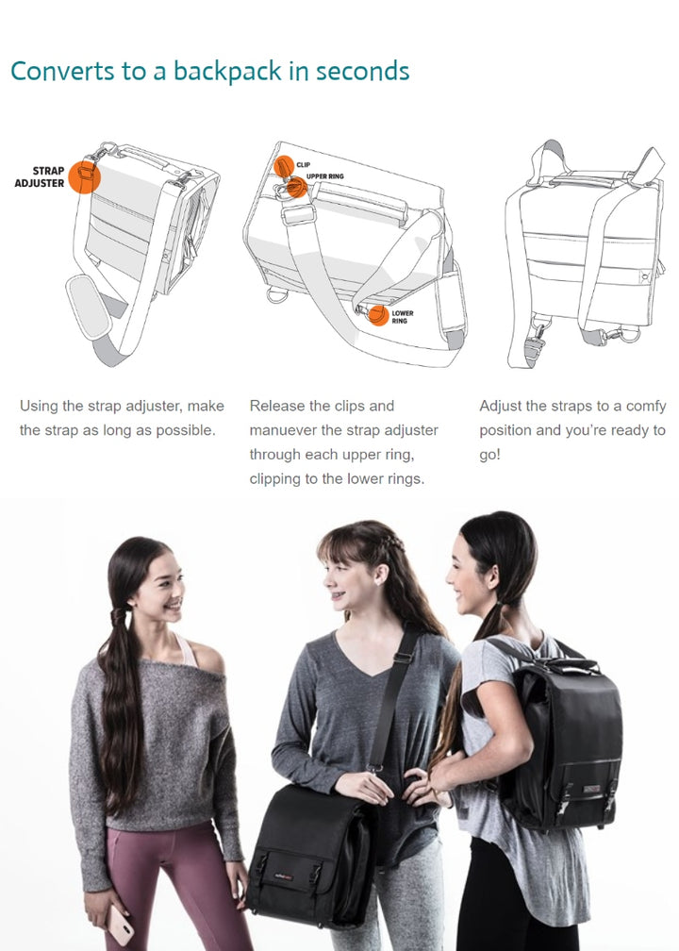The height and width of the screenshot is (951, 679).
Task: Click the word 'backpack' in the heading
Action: point(227,71)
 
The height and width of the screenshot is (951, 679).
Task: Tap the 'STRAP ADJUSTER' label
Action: point(40,177)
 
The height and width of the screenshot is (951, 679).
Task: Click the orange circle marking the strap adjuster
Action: point(84,176)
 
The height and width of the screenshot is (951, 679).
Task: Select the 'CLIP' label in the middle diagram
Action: point(303,165)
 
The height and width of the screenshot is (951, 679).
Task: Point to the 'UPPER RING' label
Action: point(325,176)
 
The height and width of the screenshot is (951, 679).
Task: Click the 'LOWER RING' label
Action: point(403,317)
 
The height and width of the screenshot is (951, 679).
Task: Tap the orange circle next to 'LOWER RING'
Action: point(378,315)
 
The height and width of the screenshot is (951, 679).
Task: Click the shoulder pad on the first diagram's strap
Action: point(88,307)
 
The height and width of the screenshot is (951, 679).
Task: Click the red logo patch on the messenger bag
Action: point(284,876)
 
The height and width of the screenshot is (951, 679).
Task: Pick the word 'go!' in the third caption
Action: point(489,456)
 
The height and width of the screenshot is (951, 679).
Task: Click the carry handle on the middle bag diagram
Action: point(361,201)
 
